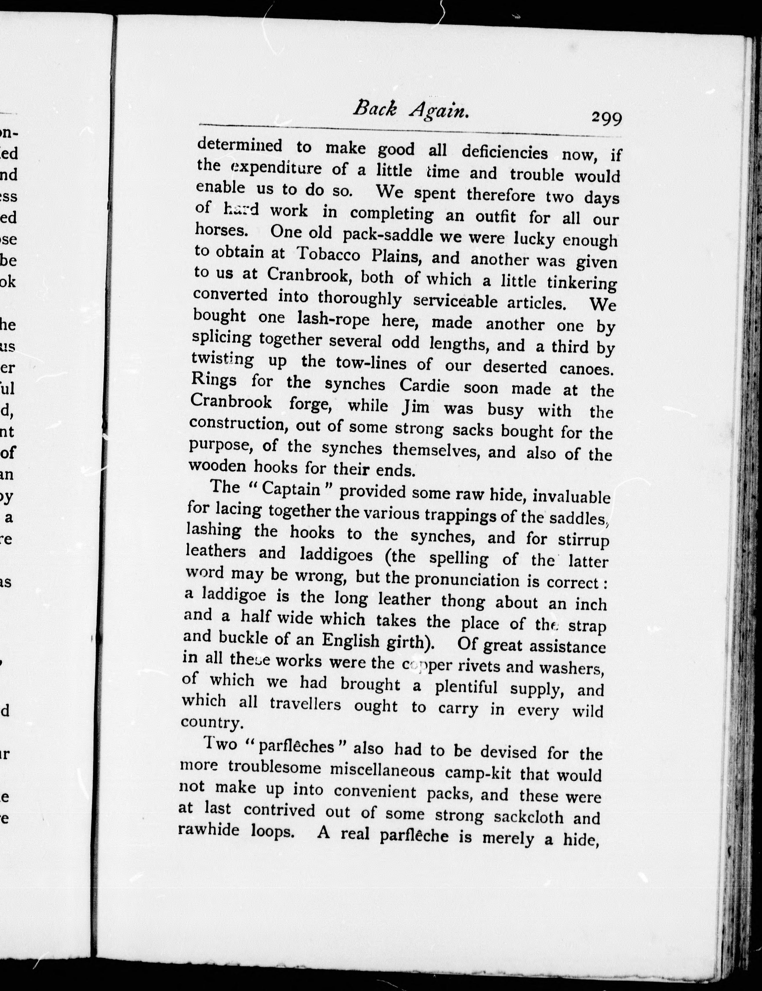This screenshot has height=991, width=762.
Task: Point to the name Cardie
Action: pos(424,386)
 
